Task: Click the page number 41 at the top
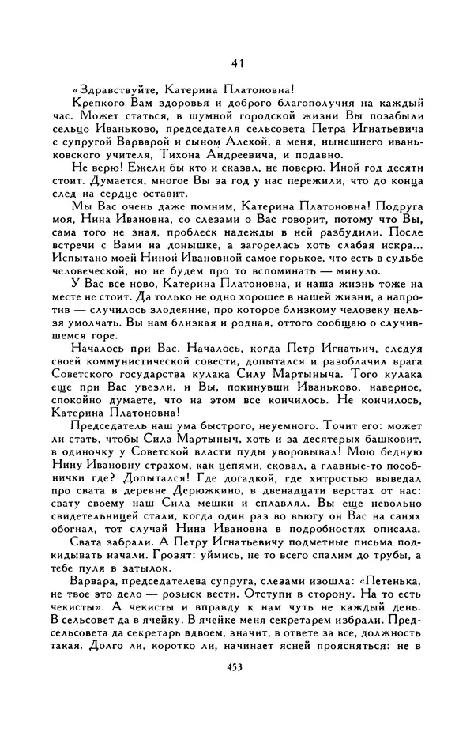tap(237, 63)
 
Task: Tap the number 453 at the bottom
tap(238, 666)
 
